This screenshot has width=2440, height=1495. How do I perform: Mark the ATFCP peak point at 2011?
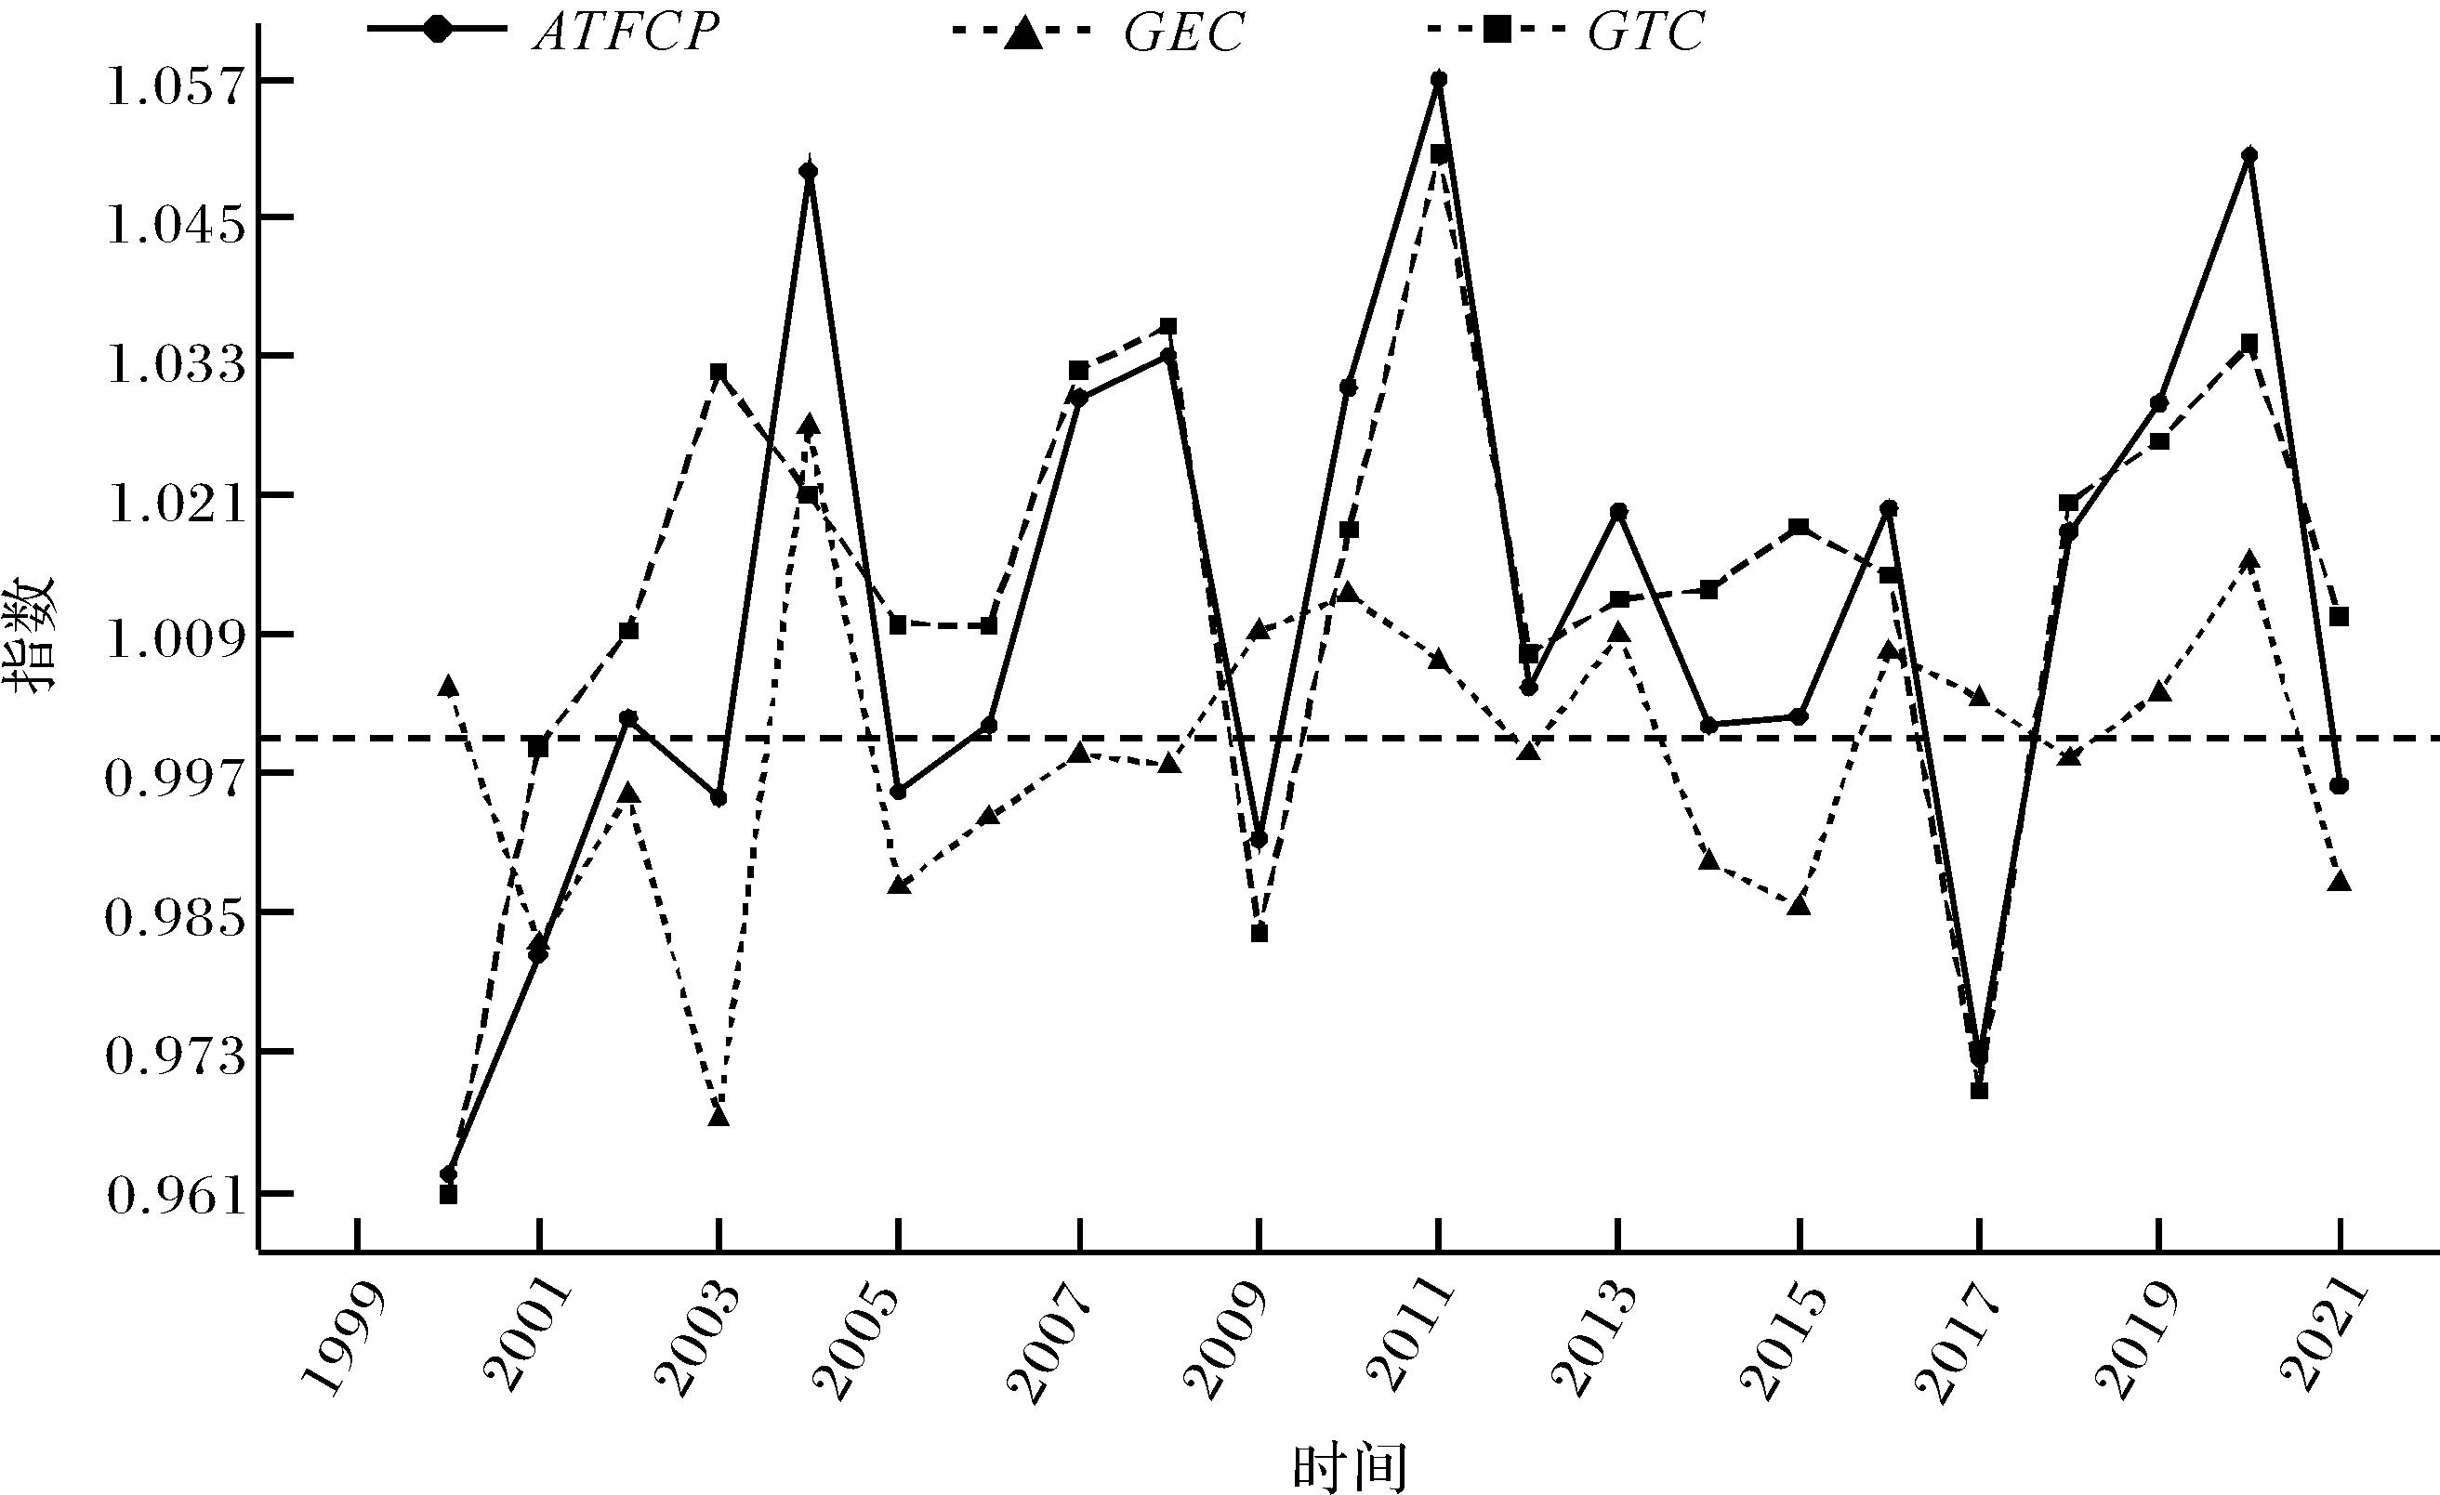tap(1439, 78)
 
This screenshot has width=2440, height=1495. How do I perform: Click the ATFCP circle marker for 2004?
tap(809, 171)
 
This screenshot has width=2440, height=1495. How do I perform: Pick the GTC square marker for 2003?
tap(719, 373)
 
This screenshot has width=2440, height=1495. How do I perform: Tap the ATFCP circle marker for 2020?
tap(2249, 155)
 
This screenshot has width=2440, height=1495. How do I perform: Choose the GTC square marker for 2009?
tap(1260, 933)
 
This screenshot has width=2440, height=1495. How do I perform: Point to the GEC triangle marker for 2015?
tap(1800, 905)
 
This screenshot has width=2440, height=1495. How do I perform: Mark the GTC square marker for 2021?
tap(2339, 617)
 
